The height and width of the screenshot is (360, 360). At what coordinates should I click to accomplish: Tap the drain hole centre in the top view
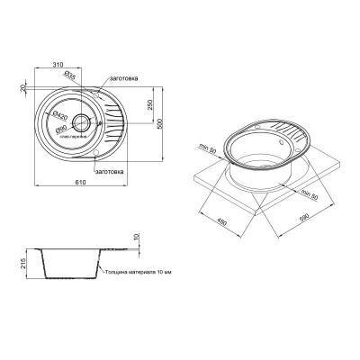pos(81,124)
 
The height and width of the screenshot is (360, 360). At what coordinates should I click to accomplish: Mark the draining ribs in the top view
pos(111,126)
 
